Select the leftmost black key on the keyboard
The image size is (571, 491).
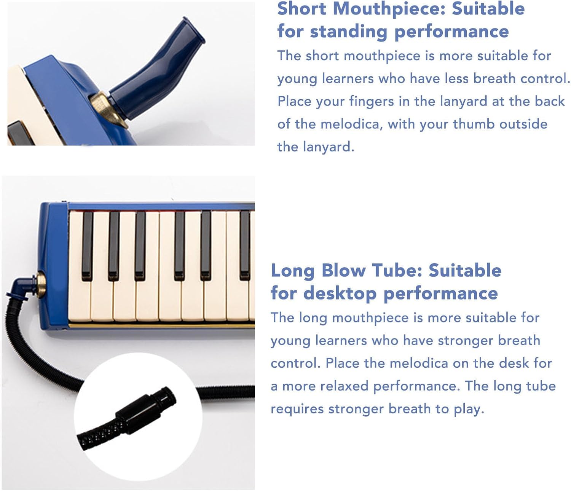pyautogui.click(x=87, y=245)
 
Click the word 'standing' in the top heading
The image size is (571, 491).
pyautogui.click(x=348, y=32)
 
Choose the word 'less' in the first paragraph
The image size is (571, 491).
pyautogui.click(x=456, y=78)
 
